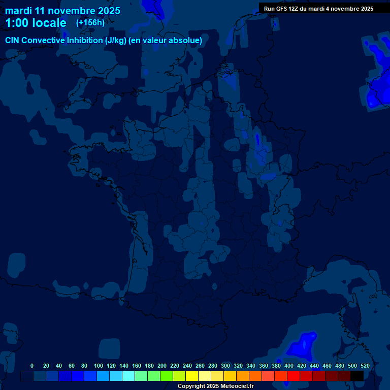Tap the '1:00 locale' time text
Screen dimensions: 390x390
pyautogui.click(x=36, y=23)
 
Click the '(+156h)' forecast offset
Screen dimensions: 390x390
pyautogui.click(x=90, y=22)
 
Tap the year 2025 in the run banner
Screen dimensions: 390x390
pyautogui.click(x=365, y=9)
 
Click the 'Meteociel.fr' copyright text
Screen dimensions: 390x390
pyautogui.click(x=237, y=386)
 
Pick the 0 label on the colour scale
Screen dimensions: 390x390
pyautogui.click(x=32, y=366)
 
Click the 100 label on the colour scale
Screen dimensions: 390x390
pyautogui.click(x=99, y=366)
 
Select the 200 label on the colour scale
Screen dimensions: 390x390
pyautogui.click(x=162, y=366)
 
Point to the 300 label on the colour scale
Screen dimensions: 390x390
pyautogui.click(x=225, y=366)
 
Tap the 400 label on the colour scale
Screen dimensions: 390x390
pyautogui.click(x=289, y=366)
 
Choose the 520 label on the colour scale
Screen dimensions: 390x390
pyautogui.click(x=365, y=366)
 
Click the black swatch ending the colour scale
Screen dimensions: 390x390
pyautogui.click(x=357, y=376)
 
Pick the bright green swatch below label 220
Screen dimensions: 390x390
pyautogui.click(x=167, y=376)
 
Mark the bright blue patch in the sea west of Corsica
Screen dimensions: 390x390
pyautogui.click(x=302, y=345)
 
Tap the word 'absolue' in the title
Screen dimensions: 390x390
pyautogui.click(x=185, y=40)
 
